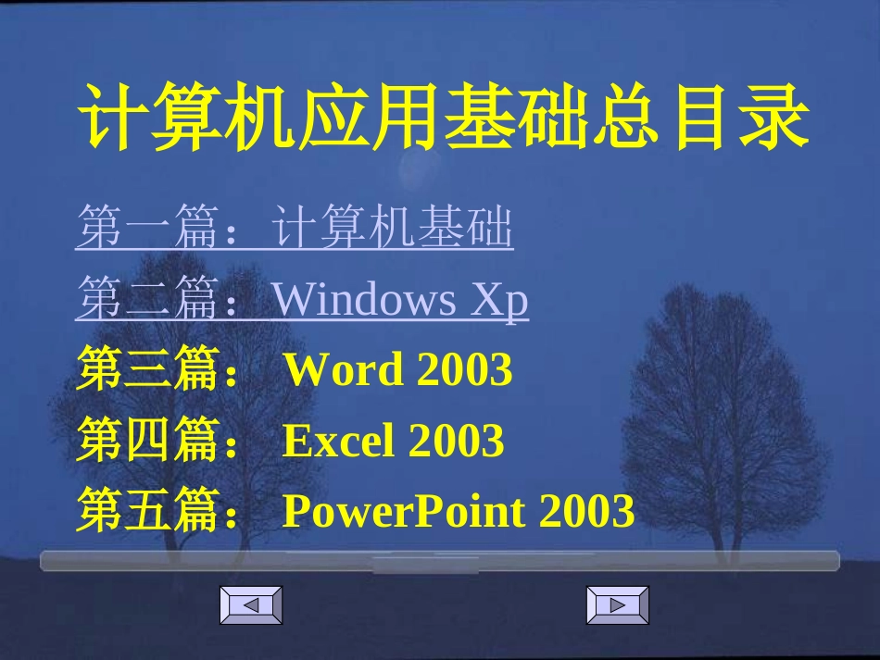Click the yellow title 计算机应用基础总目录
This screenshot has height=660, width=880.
tap(444, 118)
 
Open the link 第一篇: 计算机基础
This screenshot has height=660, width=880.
tap(294, 229)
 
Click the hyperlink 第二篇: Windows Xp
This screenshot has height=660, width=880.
tap(301, 300)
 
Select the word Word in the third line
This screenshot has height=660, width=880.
tap(344, 370)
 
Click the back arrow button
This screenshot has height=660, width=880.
tap(250, 605)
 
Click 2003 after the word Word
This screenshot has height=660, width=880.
tap(464, 370)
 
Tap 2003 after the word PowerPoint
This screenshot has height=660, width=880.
tap(586, 511)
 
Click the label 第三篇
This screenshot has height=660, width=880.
tap(148, 370)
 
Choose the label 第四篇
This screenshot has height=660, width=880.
tap(148, 441)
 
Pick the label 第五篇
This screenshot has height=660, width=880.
tap(148, 511)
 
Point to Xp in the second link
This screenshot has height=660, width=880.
tap(500, 300)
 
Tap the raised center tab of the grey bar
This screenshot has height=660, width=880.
tap(440, 564)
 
